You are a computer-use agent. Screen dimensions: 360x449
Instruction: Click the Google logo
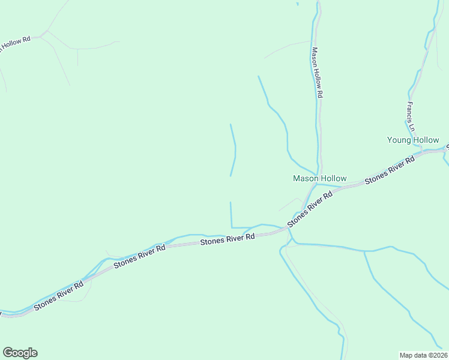[20, 353]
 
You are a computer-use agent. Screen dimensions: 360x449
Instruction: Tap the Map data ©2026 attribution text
[423, 355]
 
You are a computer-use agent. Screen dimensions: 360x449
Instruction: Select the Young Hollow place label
[413, 140]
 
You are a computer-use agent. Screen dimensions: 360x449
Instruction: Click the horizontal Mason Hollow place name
[319, 179]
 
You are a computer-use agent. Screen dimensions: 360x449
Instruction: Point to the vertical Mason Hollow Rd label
[316, 73]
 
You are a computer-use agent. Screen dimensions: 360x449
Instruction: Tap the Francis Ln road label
[410, 116]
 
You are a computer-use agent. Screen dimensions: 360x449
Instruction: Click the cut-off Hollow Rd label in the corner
[15, 43]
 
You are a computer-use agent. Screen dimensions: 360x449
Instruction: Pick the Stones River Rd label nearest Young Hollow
[390, 170]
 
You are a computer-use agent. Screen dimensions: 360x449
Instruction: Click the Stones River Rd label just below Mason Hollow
[311, 208]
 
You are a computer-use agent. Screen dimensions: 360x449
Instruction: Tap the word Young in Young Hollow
[399, 140]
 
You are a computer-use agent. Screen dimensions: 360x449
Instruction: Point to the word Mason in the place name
[305, 179]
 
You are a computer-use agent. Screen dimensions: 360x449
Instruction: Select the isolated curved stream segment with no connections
[233, 150]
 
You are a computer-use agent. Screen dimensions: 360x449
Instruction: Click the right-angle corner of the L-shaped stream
[231, 227]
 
